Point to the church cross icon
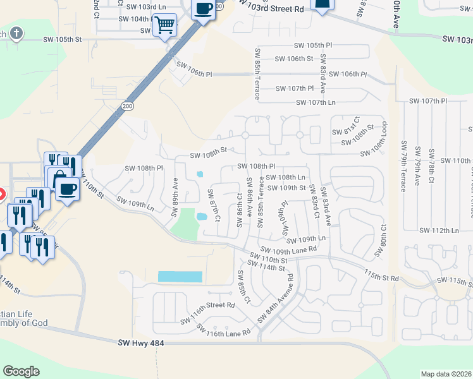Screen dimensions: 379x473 click(16, 33)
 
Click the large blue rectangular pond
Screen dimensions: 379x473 click(180, 277)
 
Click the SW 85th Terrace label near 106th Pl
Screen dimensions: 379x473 click(257, 74)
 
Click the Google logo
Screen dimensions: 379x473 click(21, 371)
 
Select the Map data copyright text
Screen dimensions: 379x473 click(446, 374)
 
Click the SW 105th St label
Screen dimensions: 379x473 click(63, 39)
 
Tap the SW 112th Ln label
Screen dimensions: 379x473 click(442, 231)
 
